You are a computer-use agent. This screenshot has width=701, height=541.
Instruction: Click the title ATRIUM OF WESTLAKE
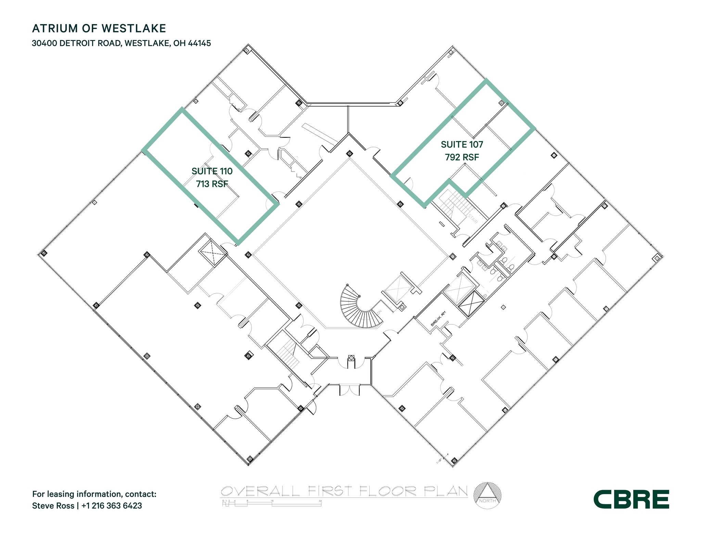tap(99, 28)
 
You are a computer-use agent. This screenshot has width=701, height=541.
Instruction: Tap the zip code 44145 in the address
tap(200, 43)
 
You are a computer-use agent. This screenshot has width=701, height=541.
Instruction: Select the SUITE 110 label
tap(212, 171)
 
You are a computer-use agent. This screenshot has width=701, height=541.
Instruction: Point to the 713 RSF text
tap(212, 184)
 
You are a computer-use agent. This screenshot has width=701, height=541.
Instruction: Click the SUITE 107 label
tap(462, 145)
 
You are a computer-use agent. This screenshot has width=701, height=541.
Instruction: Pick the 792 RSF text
tap(462, 157)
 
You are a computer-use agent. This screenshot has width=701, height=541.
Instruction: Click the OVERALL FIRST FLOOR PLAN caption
tap(344, 491)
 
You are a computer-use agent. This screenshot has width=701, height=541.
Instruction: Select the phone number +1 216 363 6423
tap(112, 505)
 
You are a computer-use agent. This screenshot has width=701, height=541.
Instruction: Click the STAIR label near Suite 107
tap(473, 218)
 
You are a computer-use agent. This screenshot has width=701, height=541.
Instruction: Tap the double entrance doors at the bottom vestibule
tap(350, 390)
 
